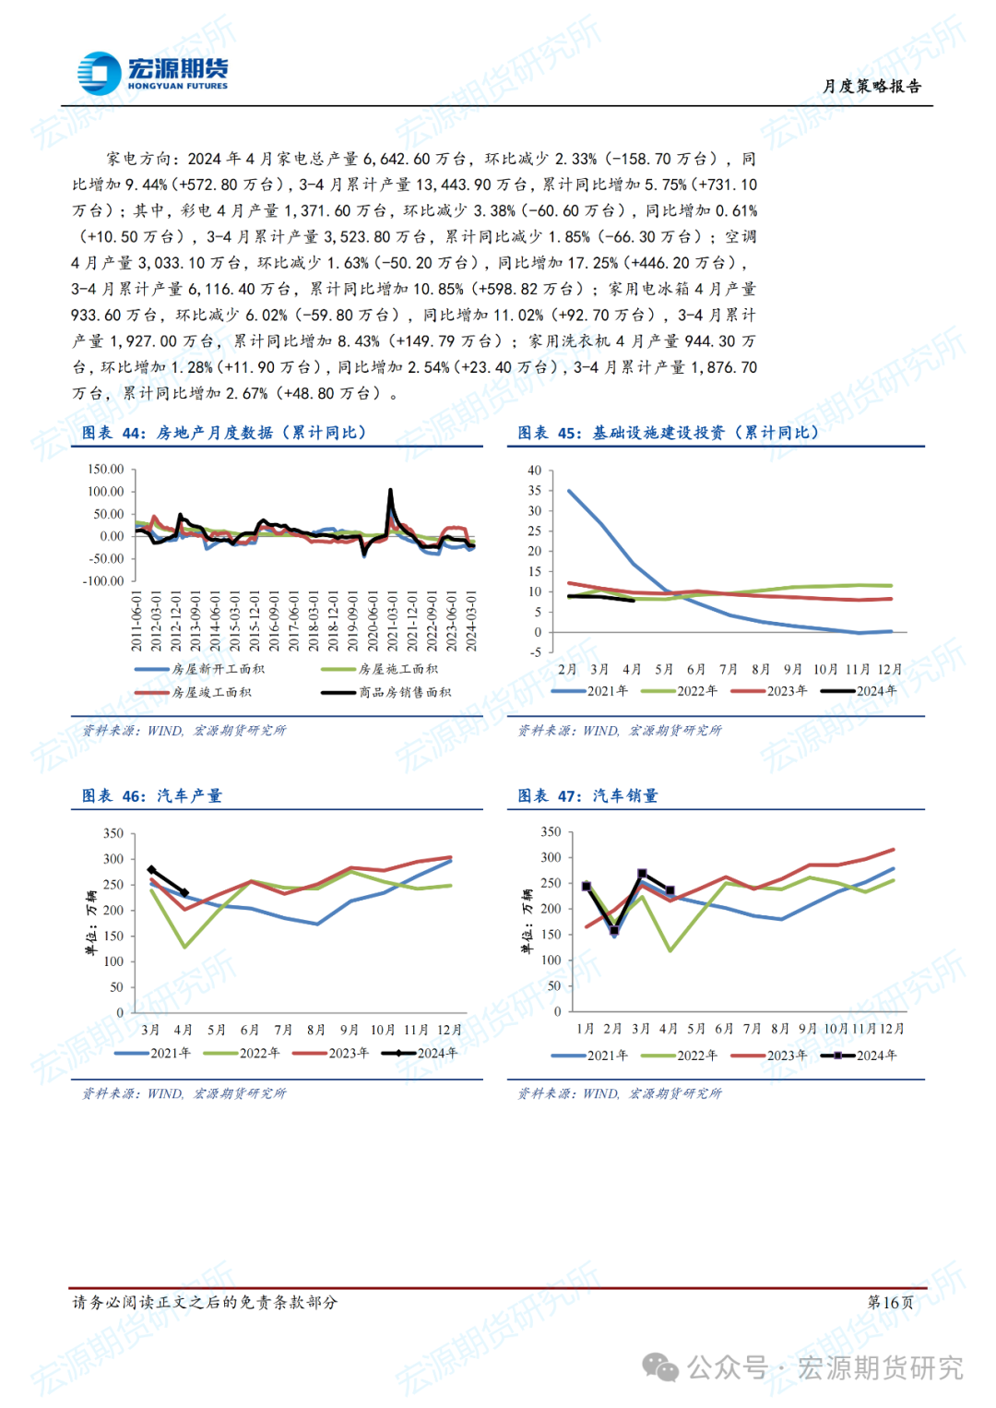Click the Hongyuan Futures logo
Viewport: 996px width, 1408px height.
pos(152,73)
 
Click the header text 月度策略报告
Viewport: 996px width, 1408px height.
pos(871,86)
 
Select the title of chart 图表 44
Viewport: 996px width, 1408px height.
pos(224,433)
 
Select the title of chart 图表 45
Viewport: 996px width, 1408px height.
pos(668,433)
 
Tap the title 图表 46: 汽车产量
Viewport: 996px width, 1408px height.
pos(152,795)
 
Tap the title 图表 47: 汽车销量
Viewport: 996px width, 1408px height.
pos(587,795)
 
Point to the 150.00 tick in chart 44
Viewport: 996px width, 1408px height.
pos(106,469)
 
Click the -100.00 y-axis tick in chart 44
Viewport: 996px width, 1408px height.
pos(104,580)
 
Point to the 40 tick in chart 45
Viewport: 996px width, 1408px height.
pos(535,470)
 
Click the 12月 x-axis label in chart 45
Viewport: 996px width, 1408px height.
pos(890,669)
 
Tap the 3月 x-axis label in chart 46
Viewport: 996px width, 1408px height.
pos(150,1030)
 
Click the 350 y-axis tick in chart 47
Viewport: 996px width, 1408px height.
pos(551,831)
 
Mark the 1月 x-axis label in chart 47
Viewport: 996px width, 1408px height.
pos(585,1028)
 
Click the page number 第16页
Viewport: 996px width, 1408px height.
pos(890,1302)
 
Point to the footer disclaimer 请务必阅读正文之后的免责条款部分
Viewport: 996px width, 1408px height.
pos(205,1302)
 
